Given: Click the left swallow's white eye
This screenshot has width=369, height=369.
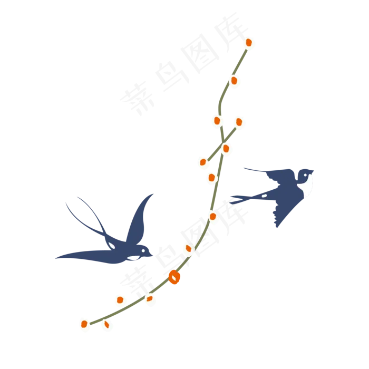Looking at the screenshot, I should [x=142, y=250].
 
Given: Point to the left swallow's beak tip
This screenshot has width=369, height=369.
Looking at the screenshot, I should [x=155, y=256].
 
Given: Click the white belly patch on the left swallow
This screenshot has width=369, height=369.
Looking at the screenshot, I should [x=133, y=258].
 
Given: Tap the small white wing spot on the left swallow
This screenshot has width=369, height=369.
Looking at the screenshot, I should [x=112, y=246].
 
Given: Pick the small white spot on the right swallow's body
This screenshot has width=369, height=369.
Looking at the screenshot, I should [x=264, y=196].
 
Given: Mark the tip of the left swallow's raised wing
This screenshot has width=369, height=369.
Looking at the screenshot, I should [x=154, y=192].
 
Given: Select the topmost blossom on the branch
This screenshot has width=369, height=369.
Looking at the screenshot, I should [x=249, y=42].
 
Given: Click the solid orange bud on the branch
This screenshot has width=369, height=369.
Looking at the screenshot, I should [x=174, y=277].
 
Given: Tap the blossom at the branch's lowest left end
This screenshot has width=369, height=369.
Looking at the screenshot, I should [x=84, y=324].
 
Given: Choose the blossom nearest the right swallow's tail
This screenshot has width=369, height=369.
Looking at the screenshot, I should [x=213, y=217].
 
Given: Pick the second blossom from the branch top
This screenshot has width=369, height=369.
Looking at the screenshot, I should [x=235, y=80].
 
